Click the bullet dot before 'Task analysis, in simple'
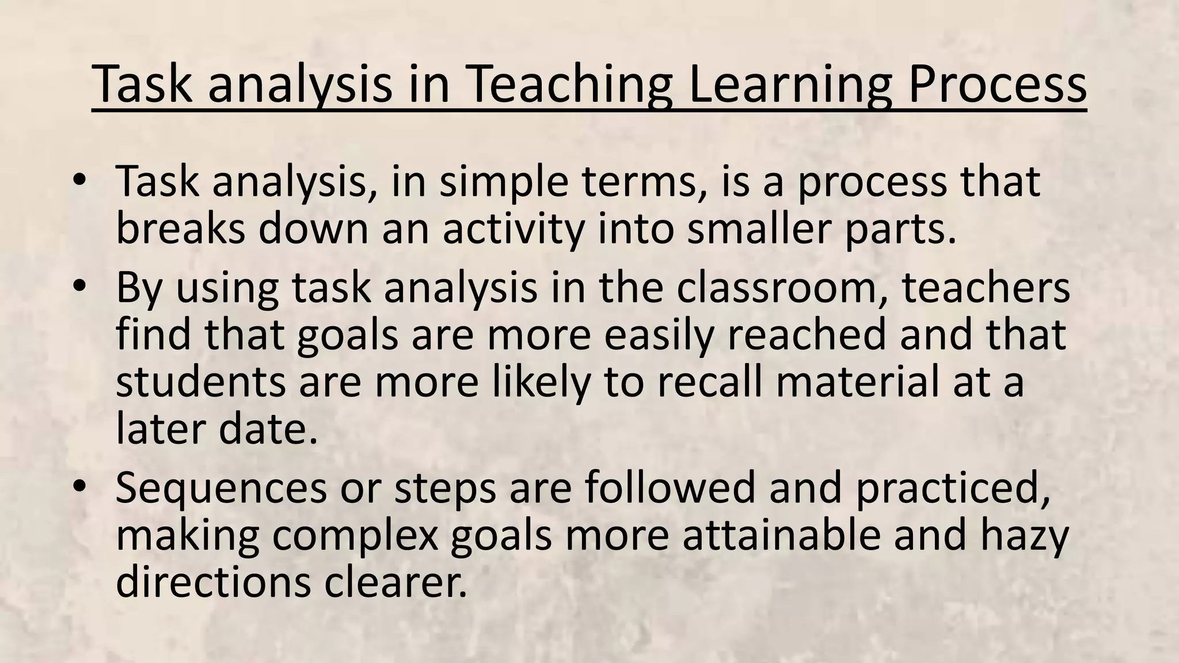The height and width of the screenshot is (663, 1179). tap(79, 180)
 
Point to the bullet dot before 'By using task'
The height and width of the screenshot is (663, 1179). tap(79, 286)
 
